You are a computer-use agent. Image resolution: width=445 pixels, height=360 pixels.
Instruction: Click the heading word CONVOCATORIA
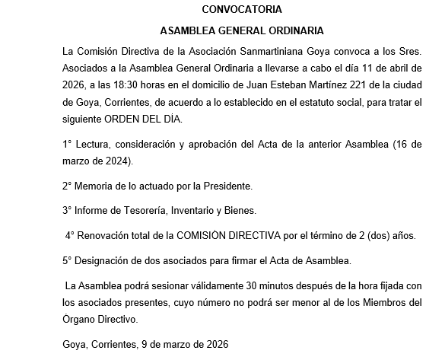tap(242, 10)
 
